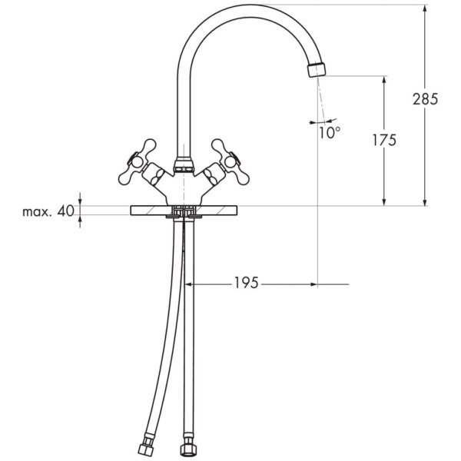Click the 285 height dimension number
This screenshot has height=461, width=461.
point(425,99)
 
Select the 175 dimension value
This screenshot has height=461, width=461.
point(384,140)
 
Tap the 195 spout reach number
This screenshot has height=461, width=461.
point(247,283)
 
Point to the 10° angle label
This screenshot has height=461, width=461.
point(330,132)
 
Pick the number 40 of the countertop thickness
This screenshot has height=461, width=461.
point(66,211)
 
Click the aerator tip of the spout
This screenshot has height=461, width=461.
point(317,69)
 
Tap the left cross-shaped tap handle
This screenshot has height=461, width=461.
point(138,161)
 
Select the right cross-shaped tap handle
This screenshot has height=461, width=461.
point(230,161)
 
